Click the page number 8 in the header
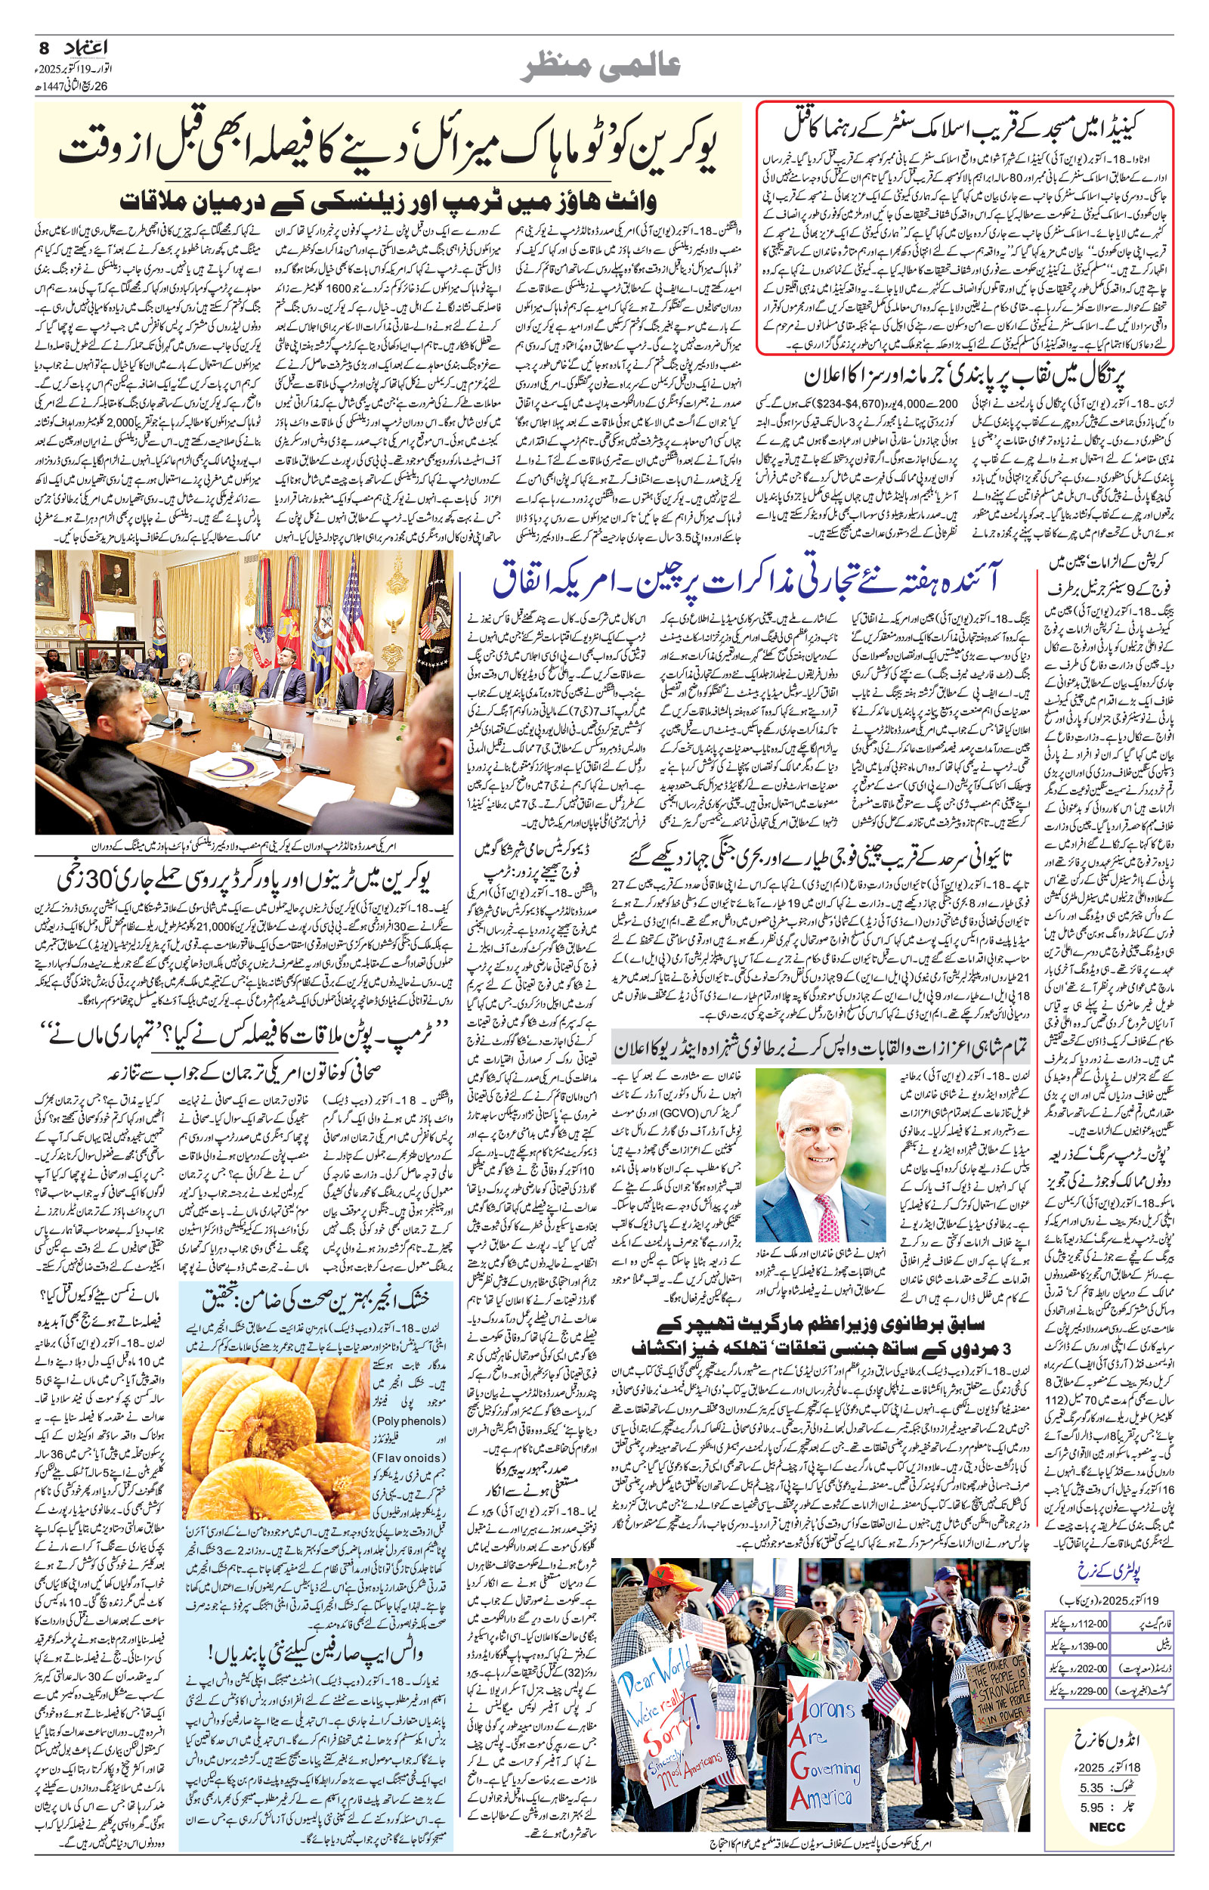(x=43, y=48)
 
